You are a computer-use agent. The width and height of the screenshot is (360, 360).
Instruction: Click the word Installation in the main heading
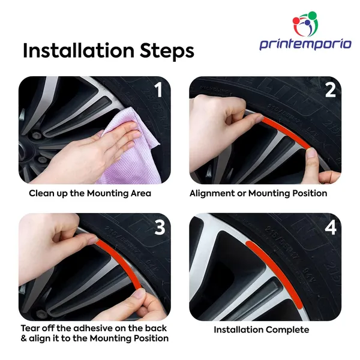click(79, 50)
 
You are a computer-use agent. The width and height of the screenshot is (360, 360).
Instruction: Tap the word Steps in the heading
click(167, 51)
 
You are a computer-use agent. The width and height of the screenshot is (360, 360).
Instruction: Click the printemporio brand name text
click(305, 44)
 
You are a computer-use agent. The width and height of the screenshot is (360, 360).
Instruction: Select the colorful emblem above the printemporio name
click(305, 23)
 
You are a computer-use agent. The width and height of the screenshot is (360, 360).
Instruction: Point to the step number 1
click(158, 90)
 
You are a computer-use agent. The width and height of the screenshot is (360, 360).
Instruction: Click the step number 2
click(331, 90)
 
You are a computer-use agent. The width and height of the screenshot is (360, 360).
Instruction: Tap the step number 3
click(160, 227)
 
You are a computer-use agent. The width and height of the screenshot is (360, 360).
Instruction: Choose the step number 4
click(331, 227)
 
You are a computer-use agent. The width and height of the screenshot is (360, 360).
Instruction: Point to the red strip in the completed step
click(278, 271)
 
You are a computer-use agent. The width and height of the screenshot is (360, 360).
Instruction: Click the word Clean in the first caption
click(39, 193)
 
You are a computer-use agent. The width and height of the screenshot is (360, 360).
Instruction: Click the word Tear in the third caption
click(29, 328)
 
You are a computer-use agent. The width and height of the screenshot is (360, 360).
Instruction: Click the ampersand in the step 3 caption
click(23, 338)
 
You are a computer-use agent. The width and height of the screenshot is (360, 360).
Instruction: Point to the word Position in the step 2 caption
click(310, 193)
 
